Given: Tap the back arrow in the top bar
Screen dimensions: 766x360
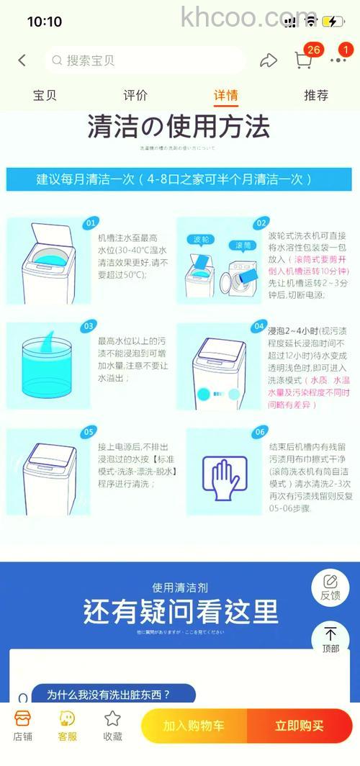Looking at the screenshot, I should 22,60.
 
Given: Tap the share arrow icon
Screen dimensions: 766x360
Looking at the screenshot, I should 269,60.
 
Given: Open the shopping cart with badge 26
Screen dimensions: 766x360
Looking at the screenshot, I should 304,60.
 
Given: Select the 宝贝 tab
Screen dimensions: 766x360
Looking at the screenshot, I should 45,95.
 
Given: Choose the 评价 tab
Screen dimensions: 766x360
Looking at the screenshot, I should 135,95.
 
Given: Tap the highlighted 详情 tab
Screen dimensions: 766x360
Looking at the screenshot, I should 225,95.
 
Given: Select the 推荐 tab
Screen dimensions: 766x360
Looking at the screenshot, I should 316,95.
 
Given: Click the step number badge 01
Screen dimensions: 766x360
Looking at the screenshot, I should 91,223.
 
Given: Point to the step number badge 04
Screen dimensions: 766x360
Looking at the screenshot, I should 260,328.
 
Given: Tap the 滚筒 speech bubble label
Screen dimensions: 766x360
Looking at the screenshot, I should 243,245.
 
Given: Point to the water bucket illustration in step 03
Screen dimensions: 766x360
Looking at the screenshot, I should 48,364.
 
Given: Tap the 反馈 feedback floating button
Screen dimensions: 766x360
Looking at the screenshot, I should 330,587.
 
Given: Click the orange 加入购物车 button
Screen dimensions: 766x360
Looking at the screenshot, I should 194,726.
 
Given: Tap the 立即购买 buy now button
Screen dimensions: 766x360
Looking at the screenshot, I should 299,726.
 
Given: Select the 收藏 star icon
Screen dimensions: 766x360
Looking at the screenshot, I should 112,725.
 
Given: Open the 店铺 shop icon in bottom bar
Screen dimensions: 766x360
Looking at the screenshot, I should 23,725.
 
